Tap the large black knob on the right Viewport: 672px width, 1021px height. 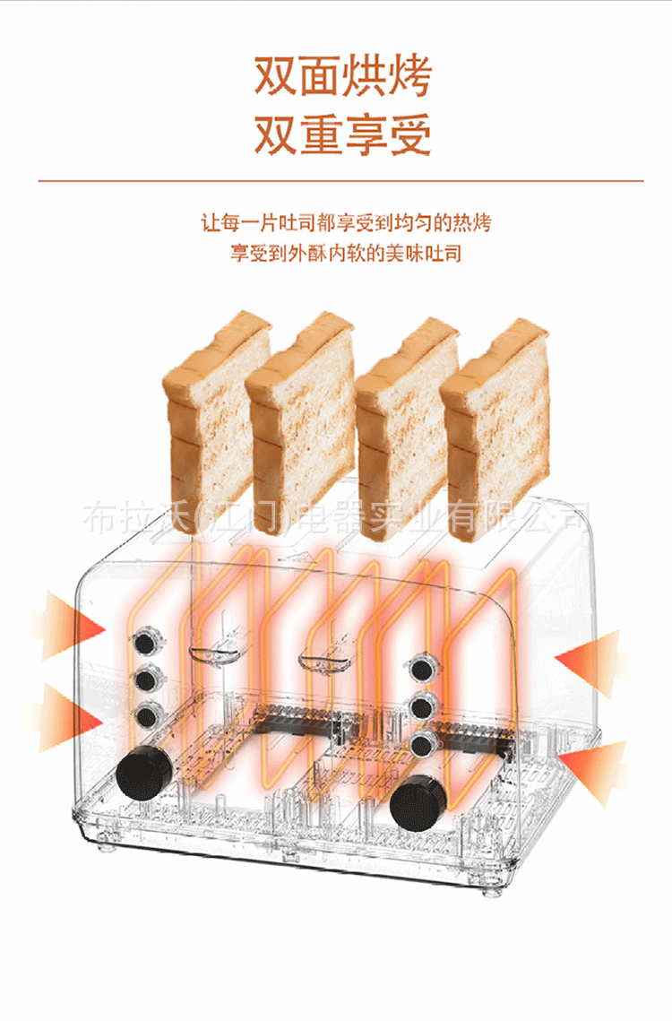coord(418,796)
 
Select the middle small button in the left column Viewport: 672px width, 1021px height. coord(146,679)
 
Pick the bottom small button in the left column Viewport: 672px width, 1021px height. coord(146,714)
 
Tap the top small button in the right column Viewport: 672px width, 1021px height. coord(419,669)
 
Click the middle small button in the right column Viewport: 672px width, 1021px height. coord(419,705)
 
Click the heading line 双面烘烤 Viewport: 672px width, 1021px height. coord(342,78)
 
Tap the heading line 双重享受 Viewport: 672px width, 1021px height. coord(342,134)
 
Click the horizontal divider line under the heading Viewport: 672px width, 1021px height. coord(340,181)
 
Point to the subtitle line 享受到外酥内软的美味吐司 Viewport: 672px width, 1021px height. coord(346,254)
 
